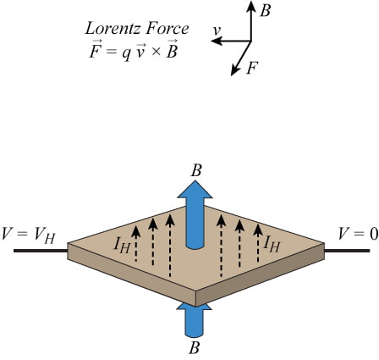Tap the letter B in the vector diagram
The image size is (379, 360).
click(266, 10)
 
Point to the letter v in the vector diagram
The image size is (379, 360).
click(217, 31)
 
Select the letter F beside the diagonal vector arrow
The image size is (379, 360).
click(252, 68)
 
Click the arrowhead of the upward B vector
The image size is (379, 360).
click(251, 6)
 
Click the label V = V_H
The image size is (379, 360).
click(31, 235)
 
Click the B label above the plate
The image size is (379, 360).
click(196, 171)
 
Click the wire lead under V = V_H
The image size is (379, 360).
click(38, 251)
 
